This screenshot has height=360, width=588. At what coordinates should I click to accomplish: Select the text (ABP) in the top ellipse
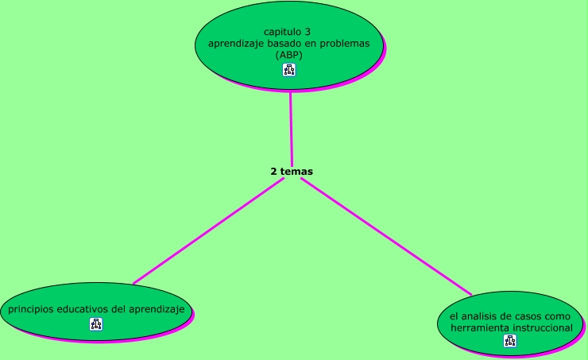(289, 56)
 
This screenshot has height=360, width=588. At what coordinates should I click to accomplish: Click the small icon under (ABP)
(289, 70)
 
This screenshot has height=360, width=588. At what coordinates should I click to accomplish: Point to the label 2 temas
(292, 171)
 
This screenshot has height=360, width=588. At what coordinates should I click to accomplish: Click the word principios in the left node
(31, 309)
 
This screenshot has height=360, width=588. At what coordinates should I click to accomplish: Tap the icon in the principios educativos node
(96, 323)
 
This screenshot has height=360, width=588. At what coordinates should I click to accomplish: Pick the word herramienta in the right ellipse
(478, 327)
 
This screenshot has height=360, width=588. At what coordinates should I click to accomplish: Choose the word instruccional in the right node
(540, 327)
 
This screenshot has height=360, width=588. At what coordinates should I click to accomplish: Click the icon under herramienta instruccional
(510, 341)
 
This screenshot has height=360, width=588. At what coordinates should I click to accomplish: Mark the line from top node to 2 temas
(291, 127)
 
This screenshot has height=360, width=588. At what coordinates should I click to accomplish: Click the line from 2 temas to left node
(208, 230)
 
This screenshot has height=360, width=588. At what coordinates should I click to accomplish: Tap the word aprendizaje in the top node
(236, 44)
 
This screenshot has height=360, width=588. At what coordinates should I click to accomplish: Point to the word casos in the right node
(528, 316)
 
